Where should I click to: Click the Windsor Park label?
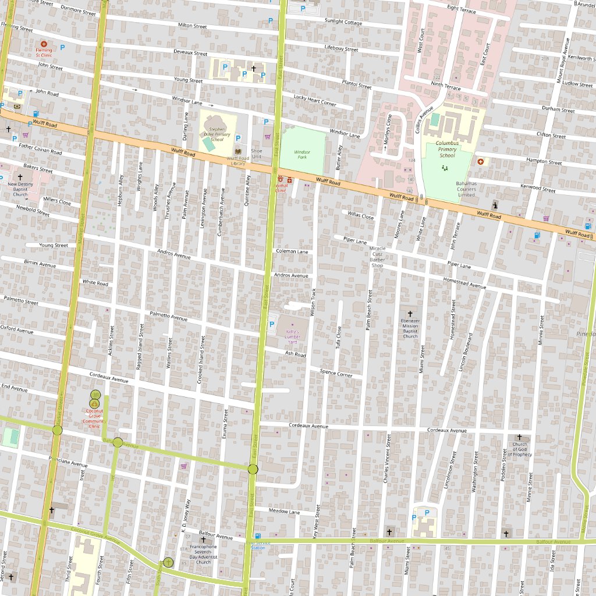301,154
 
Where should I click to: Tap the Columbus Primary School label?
447,148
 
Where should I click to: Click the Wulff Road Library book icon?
238,151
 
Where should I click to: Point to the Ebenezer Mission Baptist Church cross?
410,313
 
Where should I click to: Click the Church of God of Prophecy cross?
520,437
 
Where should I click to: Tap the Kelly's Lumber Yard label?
293,336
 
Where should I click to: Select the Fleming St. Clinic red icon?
44,44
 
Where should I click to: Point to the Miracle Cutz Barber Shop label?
377,257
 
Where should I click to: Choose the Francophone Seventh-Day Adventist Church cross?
203,540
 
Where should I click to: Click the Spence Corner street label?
336,373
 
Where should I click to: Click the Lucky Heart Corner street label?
315,100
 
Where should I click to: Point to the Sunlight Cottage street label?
343,22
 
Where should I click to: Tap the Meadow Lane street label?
284,512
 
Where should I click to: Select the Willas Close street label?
361,215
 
